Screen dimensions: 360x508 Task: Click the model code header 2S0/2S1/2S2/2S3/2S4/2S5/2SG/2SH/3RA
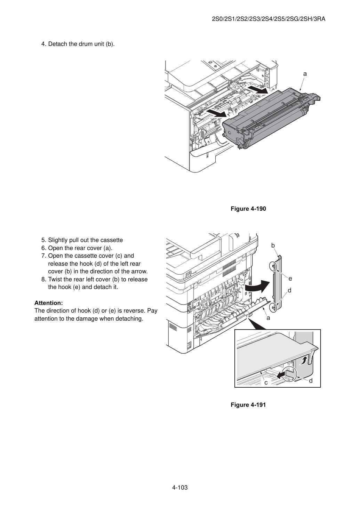[269, 19]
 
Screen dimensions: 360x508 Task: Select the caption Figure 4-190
[248, 209]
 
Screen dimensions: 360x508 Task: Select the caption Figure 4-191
[248, 405]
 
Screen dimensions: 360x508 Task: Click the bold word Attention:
[49, 303]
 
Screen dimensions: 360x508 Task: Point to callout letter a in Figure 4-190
[305, 74]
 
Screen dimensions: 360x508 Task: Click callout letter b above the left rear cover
[273, 245]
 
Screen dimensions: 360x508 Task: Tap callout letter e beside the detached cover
[290, 279]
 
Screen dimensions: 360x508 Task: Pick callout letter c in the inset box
[266, 382]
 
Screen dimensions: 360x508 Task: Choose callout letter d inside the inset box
[311, 380]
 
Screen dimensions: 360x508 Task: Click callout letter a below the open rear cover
[269, 318]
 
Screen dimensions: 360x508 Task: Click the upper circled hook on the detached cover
[273, 266]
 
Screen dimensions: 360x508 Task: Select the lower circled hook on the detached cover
[274, 307]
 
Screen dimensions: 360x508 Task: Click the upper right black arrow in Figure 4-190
[258, 89]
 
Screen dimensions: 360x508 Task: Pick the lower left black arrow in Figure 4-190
[216, 113]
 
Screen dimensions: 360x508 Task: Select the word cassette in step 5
[111, 240]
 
